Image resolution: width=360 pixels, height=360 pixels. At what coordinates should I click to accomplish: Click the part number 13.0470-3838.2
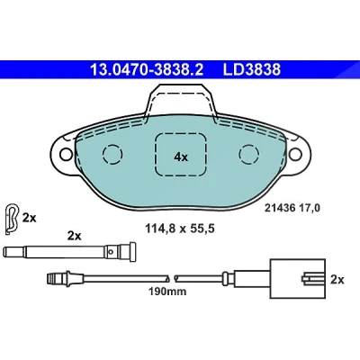tap(147, 69)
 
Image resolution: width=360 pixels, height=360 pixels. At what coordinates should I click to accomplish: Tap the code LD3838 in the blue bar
tap(251, 69)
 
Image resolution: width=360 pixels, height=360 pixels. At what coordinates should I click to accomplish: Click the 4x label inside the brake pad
tap(181, 157)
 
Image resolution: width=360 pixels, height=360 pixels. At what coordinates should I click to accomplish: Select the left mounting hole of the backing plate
tap(66, 154)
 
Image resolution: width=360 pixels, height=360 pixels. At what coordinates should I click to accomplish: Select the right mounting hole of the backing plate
tap(295, 154)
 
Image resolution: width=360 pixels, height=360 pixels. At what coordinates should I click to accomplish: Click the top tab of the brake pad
tap(181, 99)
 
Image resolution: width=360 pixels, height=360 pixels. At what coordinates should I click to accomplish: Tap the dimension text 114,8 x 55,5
tap(180, 229)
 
